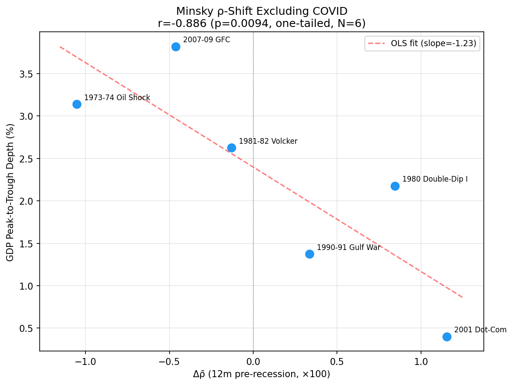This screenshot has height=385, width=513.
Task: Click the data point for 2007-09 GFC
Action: (176, 47)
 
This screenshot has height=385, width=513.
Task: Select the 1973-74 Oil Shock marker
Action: (77, 104)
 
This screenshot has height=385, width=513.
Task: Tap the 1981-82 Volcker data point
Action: (231, 148)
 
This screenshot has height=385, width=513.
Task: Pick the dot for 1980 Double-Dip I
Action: (395, 186)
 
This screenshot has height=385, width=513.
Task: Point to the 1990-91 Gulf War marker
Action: (309, 254)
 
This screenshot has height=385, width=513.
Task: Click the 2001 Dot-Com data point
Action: (447, 337)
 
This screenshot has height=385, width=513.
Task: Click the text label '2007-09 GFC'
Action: (206, 40)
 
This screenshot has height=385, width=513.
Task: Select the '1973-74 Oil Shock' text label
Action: (117, 98)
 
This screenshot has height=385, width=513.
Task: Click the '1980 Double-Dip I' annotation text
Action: (435, 179)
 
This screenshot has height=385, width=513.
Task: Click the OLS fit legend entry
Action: (422, 44)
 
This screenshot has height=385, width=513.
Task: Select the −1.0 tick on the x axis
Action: (85, 362)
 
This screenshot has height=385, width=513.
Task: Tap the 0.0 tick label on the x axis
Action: (253, 362)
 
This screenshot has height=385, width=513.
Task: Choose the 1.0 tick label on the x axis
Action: (421, 362)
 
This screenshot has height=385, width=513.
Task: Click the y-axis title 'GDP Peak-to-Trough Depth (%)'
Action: (10, 192)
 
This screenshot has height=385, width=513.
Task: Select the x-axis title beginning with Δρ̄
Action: (262, 374)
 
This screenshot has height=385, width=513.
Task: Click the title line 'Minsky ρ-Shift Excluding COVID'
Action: (262, 11)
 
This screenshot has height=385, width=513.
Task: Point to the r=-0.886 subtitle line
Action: (262, 23)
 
